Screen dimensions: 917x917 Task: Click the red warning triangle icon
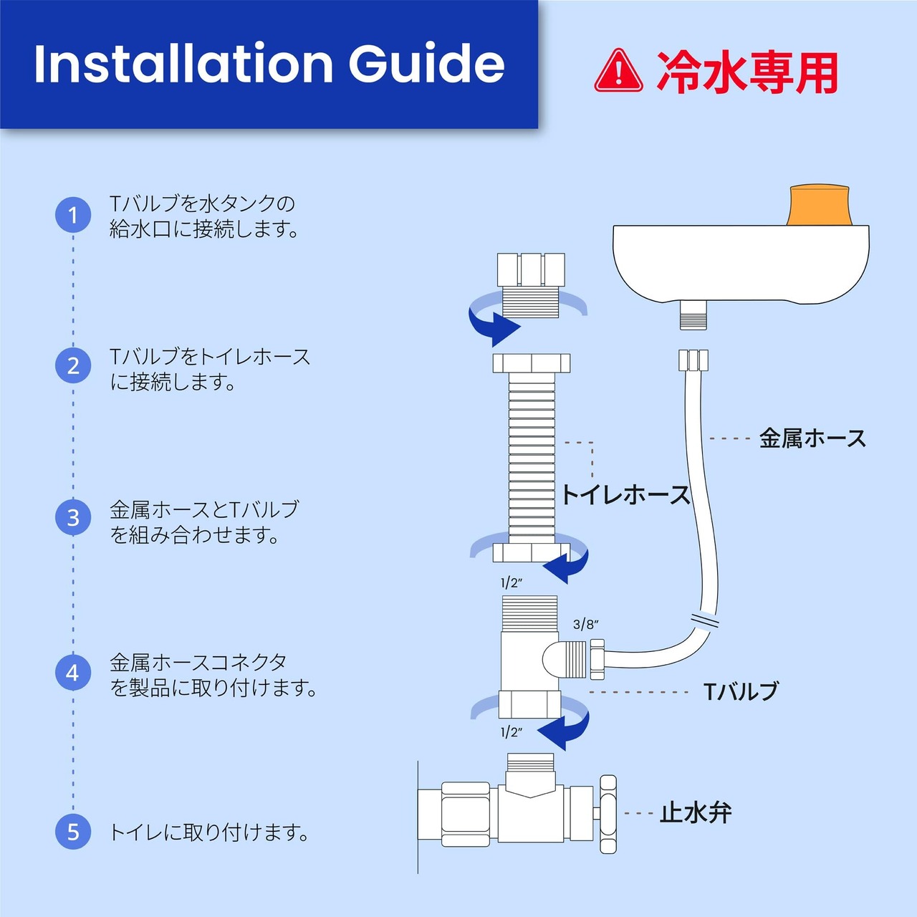[618, 71]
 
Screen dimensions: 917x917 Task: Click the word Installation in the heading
[183, 64]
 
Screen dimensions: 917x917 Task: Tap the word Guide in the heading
[426, 64]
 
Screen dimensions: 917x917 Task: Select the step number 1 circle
[73, 215]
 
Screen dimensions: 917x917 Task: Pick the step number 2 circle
[73, 366]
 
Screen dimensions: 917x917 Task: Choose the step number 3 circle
[73, 518]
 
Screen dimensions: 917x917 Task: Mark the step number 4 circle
[73, 673]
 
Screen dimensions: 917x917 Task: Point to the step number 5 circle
[73, 832]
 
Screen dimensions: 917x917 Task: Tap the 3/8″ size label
[585, 624]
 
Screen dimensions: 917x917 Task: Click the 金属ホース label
[812, 438]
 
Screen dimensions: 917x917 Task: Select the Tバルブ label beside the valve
[741, 691]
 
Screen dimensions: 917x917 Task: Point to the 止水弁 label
[695, 813]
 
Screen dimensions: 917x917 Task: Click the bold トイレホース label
[625, 495]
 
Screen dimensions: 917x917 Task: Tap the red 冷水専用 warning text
[746, 72]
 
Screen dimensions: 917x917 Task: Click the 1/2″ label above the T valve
[512, 583]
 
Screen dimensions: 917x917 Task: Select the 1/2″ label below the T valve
[512, 732]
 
